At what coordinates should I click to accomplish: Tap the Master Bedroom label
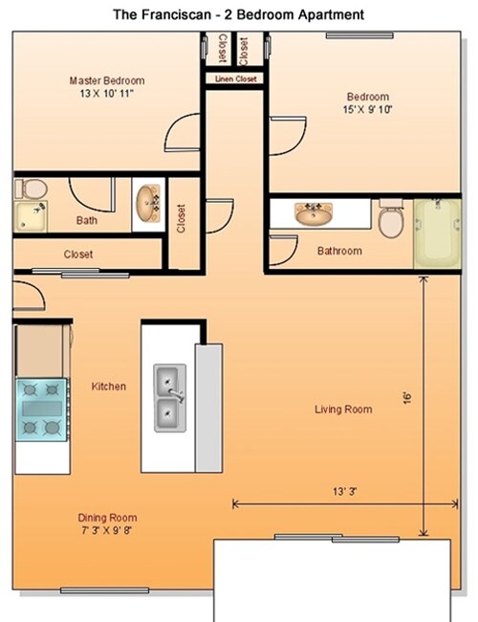[106, 81]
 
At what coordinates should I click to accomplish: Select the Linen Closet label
[235, 79]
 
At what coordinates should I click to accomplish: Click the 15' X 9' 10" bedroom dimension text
[368, 110]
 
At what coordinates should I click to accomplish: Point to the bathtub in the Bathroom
[438, 232]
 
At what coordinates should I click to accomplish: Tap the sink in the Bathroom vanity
[313, 213]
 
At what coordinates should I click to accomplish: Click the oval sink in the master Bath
[146, 203]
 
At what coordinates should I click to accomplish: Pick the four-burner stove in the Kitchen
[42, 409]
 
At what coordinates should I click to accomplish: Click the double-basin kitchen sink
[171, 397]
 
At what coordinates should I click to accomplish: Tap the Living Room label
[343, 410]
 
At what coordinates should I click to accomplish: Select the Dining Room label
[107, 519]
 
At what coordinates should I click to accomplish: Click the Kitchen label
[109, 387]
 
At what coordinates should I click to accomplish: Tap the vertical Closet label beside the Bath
[181, 218]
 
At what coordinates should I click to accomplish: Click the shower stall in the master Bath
[31, 217]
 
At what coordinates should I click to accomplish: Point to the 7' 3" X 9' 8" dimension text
[107, 530]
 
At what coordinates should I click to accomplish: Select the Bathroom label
[339, 251]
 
